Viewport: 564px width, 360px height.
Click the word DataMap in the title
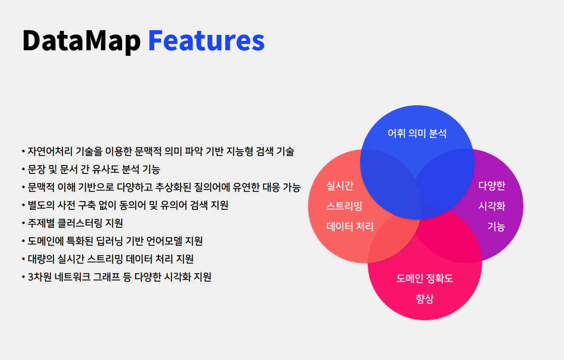tap(81, 41)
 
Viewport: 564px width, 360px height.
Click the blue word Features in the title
tap(206, 40)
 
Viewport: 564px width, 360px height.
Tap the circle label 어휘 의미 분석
tap(417, 134)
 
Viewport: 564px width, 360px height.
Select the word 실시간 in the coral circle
tap(340, 185)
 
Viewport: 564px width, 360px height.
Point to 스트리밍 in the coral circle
tap(344, 206)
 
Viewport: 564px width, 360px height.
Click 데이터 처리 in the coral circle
tap(350, 226)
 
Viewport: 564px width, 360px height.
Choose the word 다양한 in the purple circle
tap(492, 185)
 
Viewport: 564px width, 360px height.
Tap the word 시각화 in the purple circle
tap(492, 206)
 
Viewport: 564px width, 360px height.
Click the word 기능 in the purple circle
tap(496, 226)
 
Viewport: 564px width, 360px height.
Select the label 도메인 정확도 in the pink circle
tap(424, 278)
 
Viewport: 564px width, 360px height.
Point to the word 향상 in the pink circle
tap(424, 299)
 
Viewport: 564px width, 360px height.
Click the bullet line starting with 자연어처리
tap(158, 152)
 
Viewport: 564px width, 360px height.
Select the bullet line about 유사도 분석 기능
tap(91, 170)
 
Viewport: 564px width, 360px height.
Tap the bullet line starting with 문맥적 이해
tap(161, 187)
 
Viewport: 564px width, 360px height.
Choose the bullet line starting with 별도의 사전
tap(125, 205)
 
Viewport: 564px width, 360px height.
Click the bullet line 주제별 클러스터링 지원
tap(72, 223)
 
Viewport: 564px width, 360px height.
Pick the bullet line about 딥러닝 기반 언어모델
tap(112, 241)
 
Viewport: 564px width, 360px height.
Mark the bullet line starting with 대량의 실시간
tap(108, 259)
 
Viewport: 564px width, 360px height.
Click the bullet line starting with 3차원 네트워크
tap(117, 277)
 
